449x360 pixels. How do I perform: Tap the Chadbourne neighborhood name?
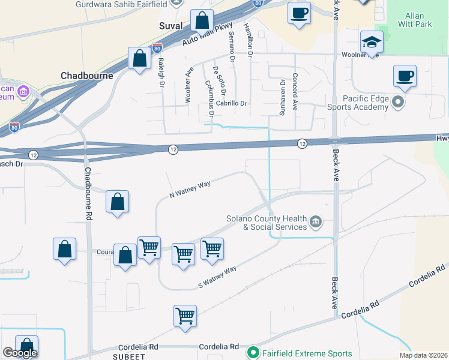click(x=86, y=76)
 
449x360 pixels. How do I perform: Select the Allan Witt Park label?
click(x=414, y=20)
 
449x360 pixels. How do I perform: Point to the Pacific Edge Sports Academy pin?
click(x=397, y=103)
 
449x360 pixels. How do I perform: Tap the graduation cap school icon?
click(x=372, y=43)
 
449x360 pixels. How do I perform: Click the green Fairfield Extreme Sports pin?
click(x=253, y=353)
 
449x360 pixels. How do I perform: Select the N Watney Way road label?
click(x=189, y=190)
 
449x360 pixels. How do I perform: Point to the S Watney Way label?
click(x=217, y=277)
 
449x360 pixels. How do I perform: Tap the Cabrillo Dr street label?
click(x=232, y=103)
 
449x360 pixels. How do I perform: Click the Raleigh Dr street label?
click(x=161, y=71)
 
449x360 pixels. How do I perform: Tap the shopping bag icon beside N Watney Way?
click(x=118, y=202)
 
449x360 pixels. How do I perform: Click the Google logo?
click(x=19, y=353)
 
